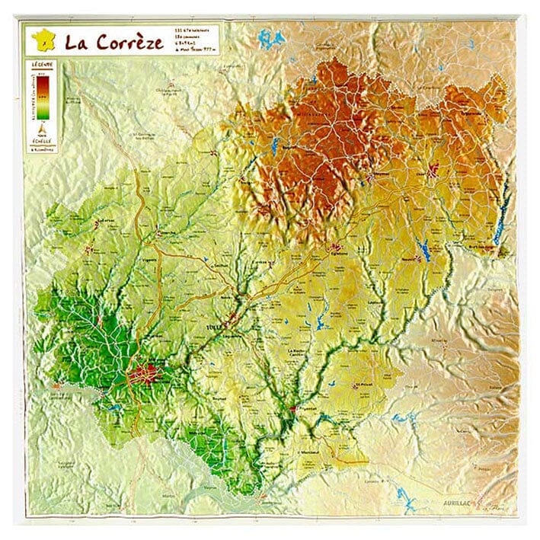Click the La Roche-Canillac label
point(298,353)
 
